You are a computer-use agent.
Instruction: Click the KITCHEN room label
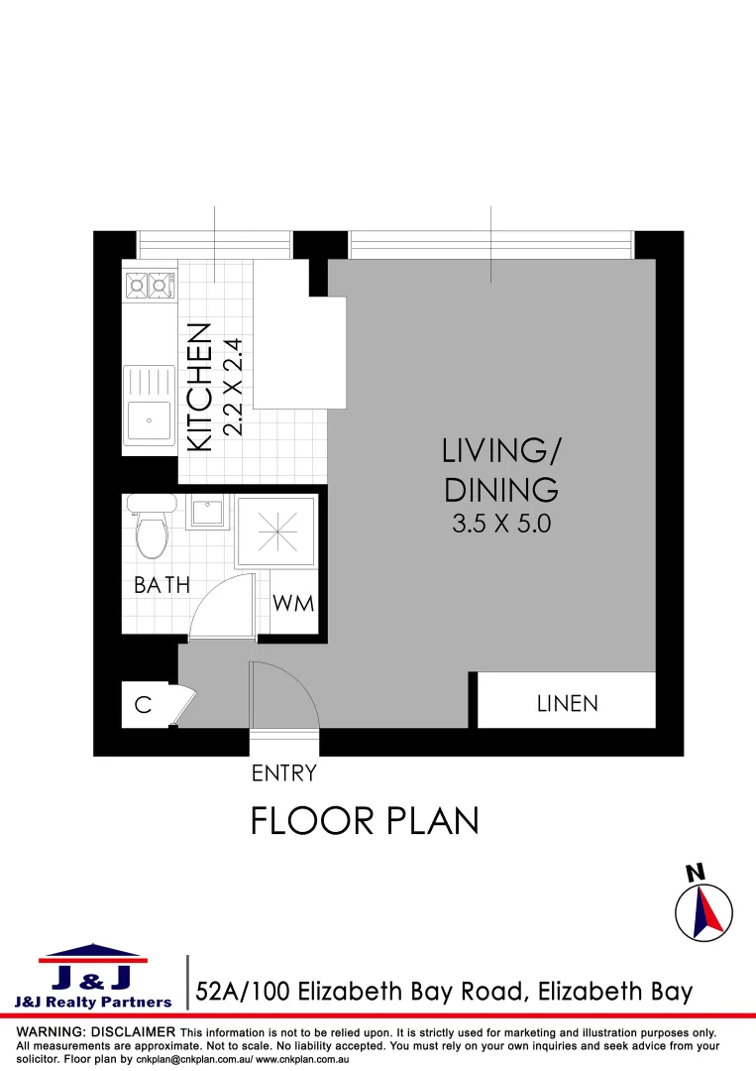point(200,388)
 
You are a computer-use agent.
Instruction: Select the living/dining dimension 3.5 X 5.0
point(500,524)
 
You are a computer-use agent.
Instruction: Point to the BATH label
point(162,585)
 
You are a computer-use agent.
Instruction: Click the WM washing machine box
point(293,603)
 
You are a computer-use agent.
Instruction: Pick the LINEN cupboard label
point(568,703)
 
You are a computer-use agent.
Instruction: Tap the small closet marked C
point(143,705)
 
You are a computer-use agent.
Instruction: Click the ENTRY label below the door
point(284,773)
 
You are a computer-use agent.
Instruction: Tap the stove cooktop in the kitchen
point(148,287)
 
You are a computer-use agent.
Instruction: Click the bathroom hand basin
point(207,514)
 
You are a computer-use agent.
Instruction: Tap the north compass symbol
point(703,908)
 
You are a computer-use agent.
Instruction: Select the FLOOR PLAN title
point(365,821)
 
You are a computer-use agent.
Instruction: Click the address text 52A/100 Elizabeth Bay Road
point(444,991)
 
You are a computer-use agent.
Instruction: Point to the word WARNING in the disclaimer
point(54,1032)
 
